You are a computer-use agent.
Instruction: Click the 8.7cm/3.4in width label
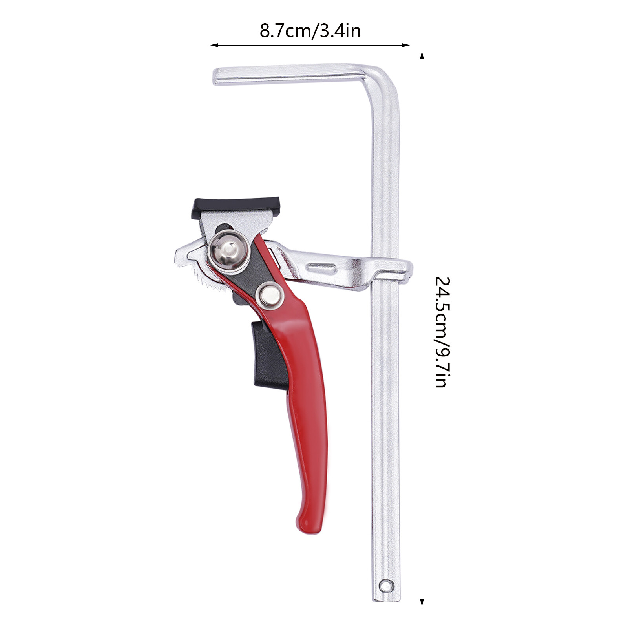tap(310, 31)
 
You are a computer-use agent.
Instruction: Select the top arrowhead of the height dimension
tap(422, 55)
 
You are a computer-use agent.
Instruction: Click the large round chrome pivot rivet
tap(228, 250)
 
